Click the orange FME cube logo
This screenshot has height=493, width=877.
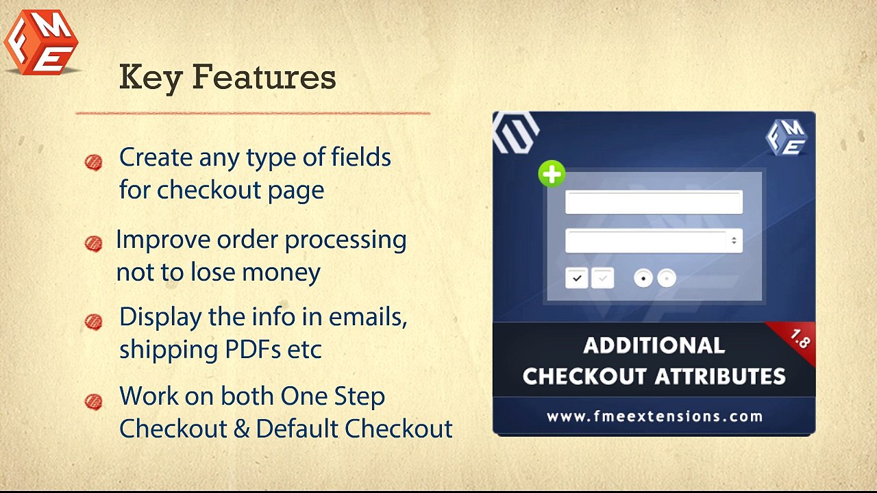click(41, 42)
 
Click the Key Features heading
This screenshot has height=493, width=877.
click(227, 77)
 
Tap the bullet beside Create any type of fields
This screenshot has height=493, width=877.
click(94, 162)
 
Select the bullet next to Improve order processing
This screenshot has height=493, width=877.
click(94, 244)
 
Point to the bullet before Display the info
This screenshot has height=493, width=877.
click(94, 321)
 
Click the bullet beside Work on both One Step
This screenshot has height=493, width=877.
click(94, 401)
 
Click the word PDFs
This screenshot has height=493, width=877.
click(253, 349)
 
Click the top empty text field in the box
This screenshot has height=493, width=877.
click(653, 203)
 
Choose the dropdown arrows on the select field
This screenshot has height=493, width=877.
click(734, 240)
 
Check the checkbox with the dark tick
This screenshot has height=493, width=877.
click(577, 278)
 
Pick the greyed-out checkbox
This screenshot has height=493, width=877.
click(603, 278)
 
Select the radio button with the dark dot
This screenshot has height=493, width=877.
click(643, 278)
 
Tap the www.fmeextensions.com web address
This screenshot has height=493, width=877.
click(654, 416)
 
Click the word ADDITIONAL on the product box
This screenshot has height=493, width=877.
click(654, 345)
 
